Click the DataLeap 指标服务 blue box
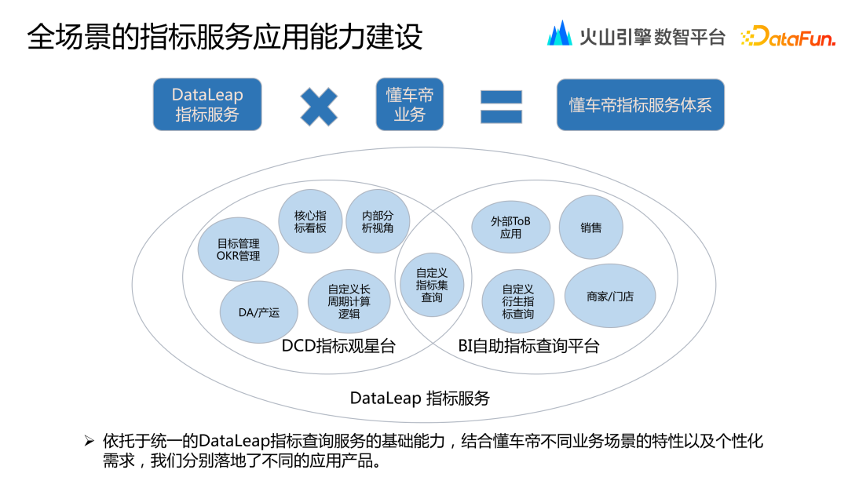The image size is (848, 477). tap(207, 104)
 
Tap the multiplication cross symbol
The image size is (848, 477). tap(319, 107)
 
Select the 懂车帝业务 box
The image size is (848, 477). tap(409, 104)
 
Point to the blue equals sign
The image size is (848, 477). tap(501, 107)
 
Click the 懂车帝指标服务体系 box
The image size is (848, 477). tap(640, 104)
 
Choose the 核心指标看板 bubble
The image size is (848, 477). tap(310, 221)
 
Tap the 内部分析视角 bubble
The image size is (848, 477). tap(378, 221)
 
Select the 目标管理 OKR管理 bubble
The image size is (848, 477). tap(239, 249)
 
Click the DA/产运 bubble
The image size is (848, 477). tap(259, 312)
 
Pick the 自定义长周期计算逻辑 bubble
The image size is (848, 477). tap(349, 300)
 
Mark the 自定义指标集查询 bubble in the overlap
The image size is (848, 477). tap(431, 285)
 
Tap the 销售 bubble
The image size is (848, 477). tap(591, 228)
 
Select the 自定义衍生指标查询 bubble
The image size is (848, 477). tap(518, 301)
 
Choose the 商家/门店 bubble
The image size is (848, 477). tap(610, 297)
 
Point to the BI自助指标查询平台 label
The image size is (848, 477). tap(528, 346)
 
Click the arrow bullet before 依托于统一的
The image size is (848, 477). tap(90, 441)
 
